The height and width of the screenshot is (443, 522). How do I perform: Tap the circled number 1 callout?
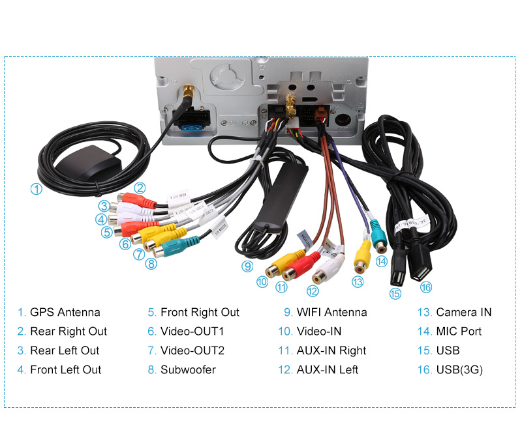point(37,190)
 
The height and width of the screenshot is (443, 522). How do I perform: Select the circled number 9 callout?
point(247,266)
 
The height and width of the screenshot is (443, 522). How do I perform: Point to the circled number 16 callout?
point(426,287)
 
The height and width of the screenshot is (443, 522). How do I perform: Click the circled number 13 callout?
point(357,281)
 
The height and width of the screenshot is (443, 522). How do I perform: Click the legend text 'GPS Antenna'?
point(65,312)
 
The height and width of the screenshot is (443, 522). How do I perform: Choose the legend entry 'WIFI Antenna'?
point(331,312)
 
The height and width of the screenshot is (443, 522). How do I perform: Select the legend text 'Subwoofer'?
point(188,369)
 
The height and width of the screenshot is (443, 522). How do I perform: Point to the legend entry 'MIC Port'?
point(459,331)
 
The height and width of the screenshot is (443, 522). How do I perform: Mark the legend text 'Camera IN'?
point(463,312)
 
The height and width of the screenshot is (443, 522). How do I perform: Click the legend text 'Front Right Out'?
point(200,312)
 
